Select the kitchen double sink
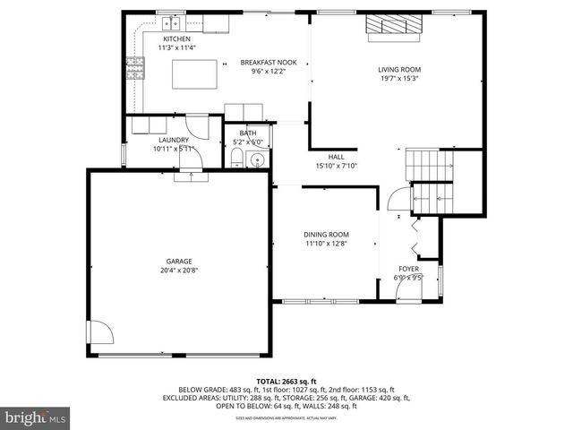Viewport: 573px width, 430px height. coord(172,21)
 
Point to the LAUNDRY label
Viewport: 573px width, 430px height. coord(173,141)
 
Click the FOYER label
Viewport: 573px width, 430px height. coord(408,269)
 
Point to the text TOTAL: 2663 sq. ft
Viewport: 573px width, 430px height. coord(286,381)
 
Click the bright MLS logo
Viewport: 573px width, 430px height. coord(36,417)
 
